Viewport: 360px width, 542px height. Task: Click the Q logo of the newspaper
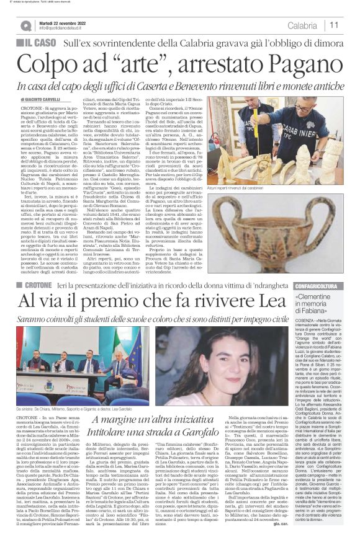coord(25,25)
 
